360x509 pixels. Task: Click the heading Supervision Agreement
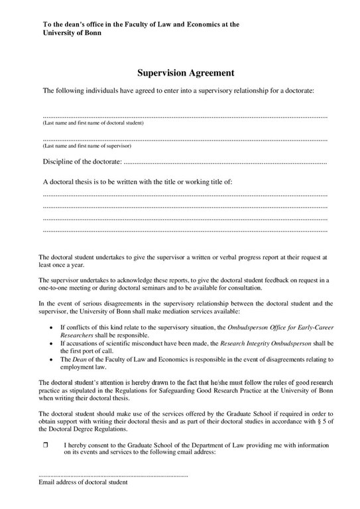185,73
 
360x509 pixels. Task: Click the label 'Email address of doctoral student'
83,482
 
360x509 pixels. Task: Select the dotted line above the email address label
113,475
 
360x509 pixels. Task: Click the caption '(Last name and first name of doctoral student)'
93,123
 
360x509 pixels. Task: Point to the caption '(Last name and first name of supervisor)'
87,146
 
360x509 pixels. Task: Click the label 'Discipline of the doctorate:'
82,161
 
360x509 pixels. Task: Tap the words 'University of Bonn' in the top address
72,32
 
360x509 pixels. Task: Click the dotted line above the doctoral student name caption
185,117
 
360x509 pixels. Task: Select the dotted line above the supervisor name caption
185,139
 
